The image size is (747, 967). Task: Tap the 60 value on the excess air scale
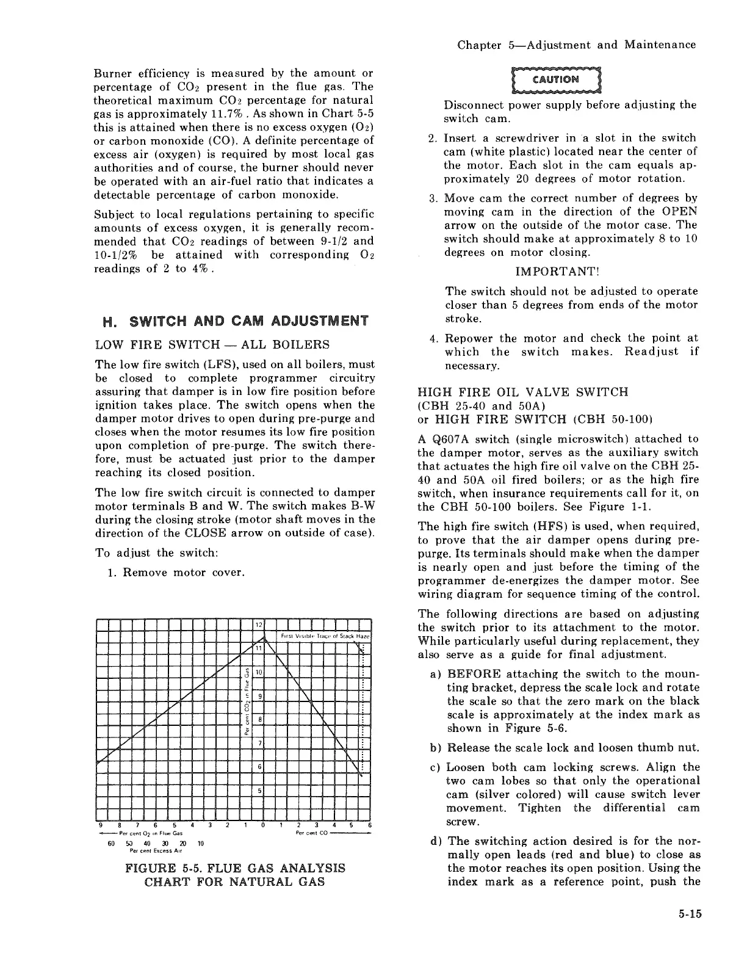point(110,843)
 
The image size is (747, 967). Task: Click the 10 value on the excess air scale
point(201,843)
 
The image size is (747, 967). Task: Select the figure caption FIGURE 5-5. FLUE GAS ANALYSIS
point(235,867)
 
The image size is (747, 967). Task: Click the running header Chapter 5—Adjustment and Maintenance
point(576,45)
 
